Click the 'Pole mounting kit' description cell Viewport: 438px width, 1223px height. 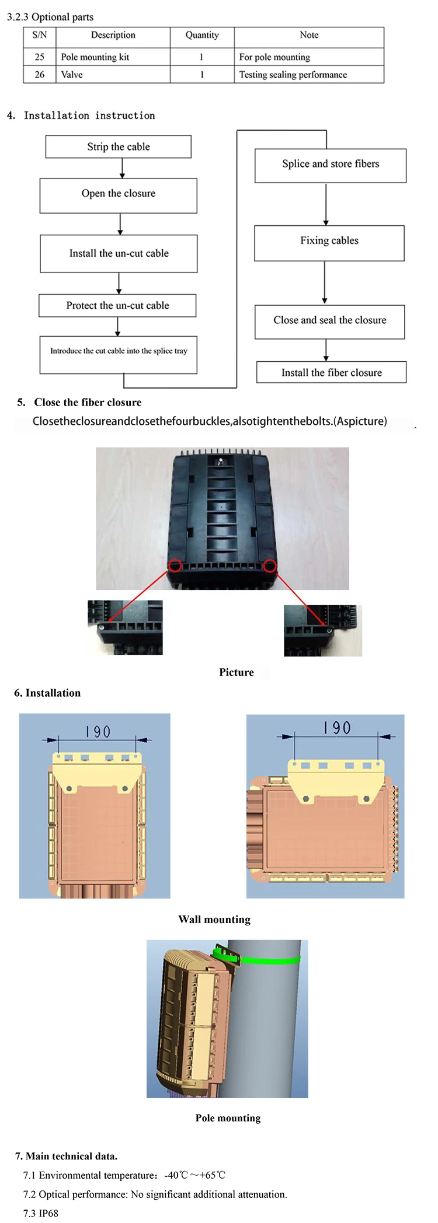(95, 57)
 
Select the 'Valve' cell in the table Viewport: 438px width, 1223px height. (72, 75)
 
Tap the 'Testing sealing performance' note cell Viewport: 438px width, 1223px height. (293, 75)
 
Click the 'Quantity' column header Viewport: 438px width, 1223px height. (202, 35)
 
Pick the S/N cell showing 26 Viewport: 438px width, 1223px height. (40, 75)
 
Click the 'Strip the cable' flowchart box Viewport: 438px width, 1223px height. (119, 147)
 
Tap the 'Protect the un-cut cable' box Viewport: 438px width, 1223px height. (117, 306)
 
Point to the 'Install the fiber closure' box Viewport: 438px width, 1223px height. (331, 372)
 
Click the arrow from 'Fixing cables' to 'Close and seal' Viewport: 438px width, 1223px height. (325, 282)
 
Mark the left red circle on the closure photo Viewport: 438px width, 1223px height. (175, 565)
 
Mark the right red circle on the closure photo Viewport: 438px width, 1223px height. (270, 565)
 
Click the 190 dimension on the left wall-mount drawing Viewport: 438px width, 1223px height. (98, 732)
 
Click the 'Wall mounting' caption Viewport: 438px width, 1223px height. (214, 920)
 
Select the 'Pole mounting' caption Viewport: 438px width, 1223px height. (228, 1118)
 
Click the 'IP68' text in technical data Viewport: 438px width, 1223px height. (48, 1213)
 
